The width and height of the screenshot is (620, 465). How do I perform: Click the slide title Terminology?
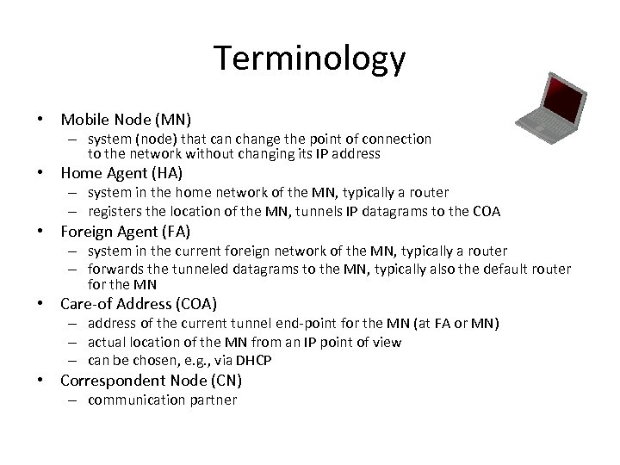(310, 59)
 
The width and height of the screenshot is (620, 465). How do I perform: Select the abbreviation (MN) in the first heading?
(171, 119)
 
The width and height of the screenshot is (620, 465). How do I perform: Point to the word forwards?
(117, 269)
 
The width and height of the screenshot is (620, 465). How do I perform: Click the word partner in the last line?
(212, 400)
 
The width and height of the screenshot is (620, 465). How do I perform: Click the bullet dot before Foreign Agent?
(41, 232)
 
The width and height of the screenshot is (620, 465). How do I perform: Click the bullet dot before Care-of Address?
(41, 304)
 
